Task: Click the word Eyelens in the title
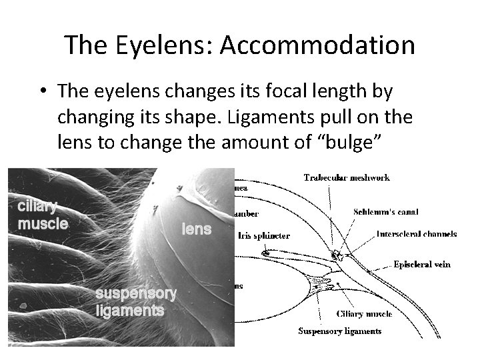[x=161, y=45]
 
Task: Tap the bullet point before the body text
[x=42, y=90]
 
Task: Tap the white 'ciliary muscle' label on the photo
[x=42, y=215]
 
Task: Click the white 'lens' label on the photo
[x=197, y=229]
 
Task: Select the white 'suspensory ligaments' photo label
[x=136, y=302]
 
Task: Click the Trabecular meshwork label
[x=346, y=177]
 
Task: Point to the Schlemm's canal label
[x=386, y=212]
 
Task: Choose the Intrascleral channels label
[x=417, y=234]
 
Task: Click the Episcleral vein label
[x=421, y=265]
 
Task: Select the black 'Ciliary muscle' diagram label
[x=364, y=314]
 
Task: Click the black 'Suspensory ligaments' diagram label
[x=339, y=331]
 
